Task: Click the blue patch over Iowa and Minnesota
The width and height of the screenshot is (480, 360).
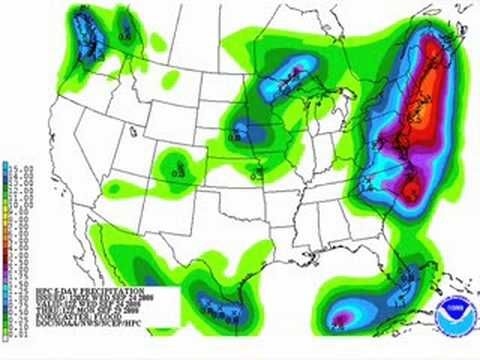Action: (243, 128)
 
